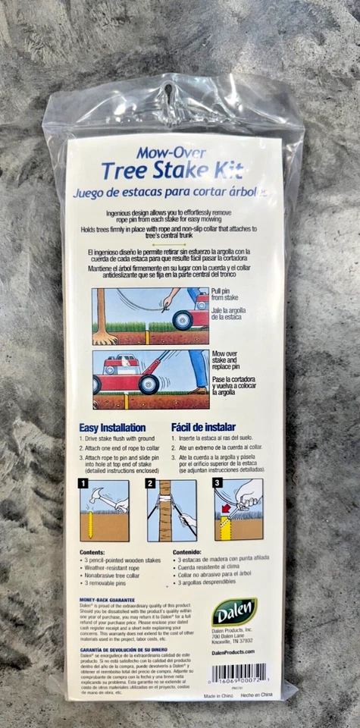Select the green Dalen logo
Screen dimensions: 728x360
tap(233, 611)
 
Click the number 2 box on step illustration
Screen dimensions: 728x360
tap(151, 483)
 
